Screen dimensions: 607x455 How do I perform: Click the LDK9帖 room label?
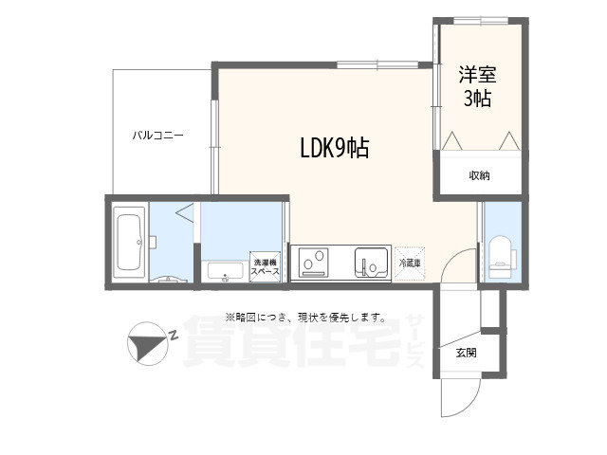(x=335, y=148)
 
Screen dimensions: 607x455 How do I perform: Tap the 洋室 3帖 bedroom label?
(x=478, y=86)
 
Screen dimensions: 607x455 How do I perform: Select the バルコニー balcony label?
(x=158, y=136)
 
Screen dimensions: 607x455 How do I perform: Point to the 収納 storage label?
(x=479, y=175)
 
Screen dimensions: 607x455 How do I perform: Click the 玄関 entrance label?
(x=466, y=353)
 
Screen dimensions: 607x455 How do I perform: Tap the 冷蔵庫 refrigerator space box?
(x=410, y=264)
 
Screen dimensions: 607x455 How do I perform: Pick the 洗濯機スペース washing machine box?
(x=266, y=266)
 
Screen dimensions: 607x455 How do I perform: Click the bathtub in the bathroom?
(x=129, y=243)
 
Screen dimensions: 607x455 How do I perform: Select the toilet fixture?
(x=502, y=257)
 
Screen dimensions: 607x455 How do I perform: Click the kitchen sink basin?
(x=371, y=263)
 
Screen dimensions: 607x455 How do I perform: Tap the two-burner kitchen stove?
(x=313, y=264)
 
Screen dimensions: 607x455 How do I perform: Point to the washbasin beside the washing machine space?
(x=225, y=270)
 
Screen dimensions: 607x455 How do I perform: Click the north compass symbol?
(x=147, y=344)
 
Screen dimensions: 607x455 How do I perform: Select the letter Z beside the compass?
(x=173, y=335)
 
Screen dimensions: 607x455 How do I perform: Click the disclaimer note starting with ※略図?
(x=305, y=318)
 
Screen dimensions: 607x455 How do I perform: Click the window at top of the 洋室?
(x=481, y=21)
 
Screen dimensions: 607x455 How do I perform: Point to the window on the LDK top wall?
(x=377, y=64)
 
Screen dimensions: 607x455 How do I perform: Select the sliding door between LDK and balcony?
(x=215, y=147)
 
